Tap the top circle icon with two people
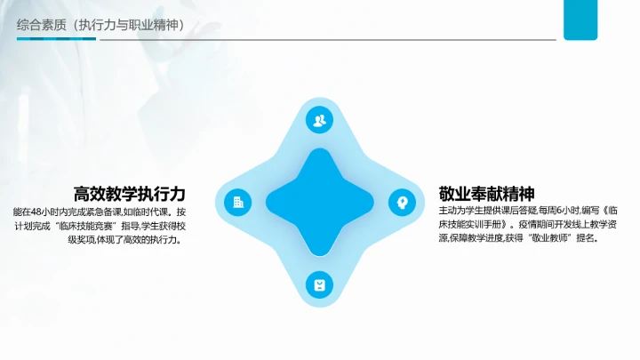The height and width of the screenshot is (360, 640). [319, 120]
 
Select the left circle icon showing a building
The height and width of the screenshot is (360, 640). [237, 202]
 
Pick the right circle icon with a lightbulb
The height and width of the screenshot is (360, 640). [402, 202]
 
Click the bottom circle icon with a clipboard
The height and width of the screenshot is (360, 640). [319, 284]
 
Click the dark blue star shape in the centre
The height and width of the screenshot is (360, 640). [319, 202]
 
